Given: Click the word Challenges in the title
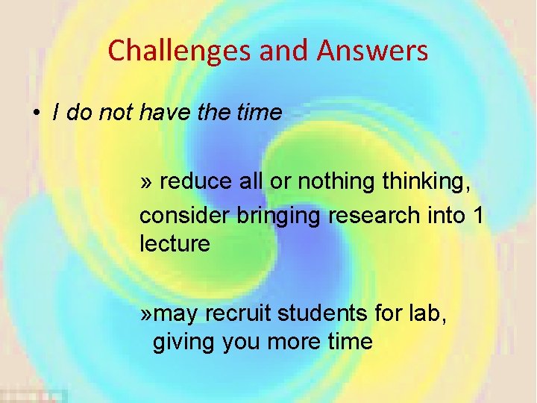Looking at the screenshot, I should [180, 51].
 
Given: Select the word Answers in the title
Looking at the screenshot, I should [372, 51].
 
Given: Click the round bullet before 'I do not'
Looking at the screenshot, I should [35, 113].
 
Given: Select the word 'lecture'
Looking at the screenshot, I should [175, 244].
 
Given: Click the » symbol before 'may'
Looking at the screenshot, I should [146, 314].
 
